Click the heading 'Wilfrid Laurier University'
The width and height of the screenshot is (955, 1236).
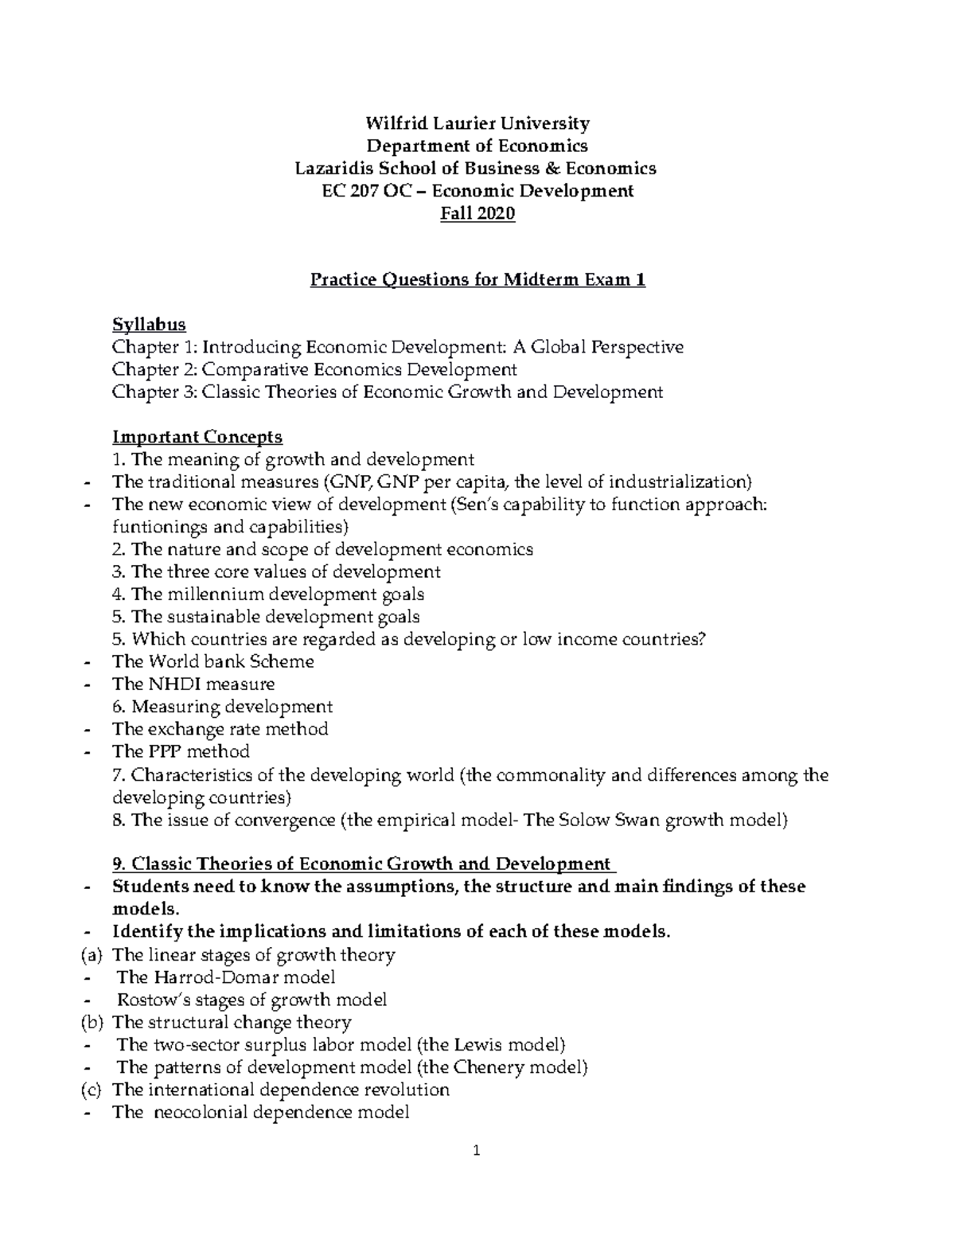tap(477, 123)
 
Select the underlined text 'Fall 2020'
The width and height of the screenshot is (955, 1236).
tap(477, 213)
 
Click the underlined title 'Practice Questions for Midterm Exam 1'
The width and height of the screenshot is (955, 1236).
tap(477, 280)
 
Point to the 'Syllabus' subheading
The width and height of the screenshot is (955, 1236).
tap(149, 325)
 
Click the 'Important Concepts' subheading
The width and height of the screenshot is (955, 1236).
tap(197, 437)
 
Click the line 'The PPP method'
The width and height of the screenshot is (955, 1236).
tap(181, 751)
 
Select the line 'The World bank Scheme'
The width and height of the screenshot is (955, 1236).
tap(212, 661)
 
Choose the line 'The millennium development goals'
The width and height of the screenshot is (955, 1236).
tap(268, 595)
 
